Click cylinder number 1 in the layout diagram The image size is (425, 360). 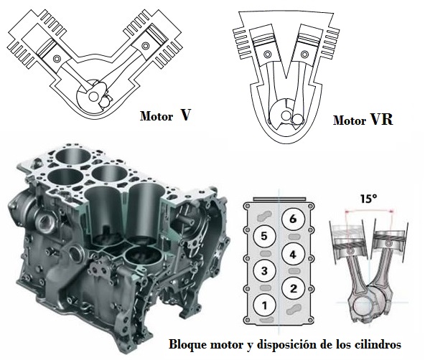[264, 305]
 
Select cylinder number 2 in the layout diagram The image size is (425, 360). [294, 289]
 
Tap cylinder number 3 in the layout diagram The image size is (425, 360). [264, 271]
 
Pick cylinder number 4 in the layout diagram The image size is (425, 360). [293, 255]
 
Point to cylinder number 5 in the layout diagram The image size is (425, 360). [264, 237]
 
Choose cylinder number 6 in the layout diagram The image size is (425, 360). [293, 219]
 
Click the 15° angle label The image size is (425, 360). [368, 199]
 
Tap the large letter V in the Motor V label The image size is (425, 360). [185, 115]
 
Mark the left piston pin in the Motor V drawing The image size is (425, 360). [57, 58]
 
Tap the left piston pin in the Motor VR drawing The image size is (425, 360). [268, 55]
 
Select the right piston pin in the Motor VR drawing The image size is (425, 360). [304, 55]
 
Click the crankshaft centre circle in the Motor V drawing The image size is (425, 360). [94, 96]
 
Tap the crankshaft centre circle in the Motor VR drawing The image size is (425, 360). [286, 115]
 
